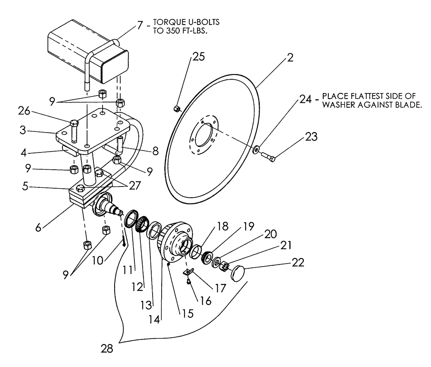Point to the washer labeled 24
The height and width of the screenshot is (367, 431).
(x=256, y=150)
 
